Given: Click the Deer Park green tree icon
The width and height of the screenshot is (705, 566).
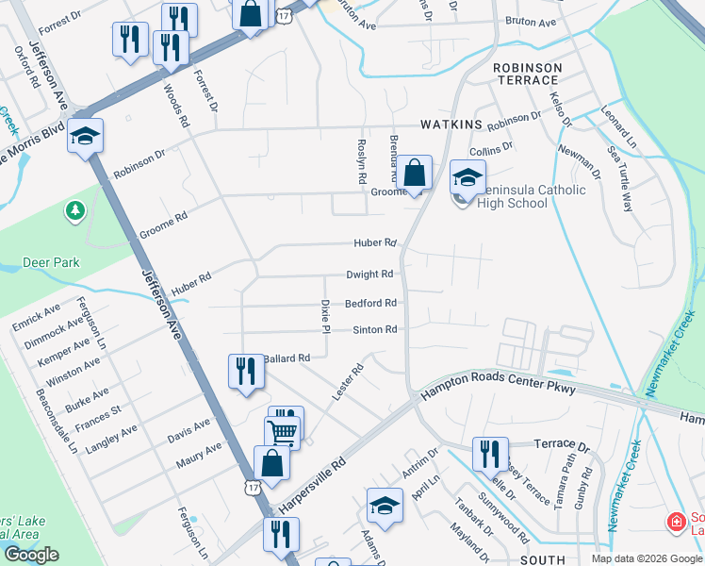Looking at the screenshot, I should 74,210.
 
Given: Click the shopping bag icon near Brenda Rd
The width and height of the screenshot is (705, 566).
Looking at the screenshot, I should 414,174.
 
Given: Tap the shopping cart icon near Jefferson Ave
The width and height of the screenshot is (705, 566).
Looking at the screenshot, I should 282,433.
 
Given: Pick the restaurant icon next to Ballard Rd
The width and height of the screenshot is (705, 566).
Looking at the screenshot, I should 245,369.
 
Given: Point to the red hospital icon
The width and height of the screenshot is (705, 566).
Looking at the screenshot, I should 676,522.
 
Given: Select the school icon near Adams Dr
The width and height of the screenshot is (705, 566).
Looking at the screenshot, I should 385,507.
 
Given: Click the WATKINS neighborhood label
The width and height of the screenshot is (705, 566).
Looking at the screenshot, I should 451,125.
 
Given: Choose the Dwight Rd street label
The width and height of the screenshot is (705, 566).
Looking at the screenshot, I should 369,275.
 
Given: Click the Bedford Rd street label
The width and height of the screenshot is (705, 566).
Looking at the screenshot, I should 369,303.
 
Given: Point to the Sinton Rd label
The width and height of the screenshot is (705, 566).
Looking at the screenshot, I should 374,329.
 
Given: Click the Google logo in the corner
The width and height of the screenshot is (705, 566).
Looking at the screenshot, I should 31,555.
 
